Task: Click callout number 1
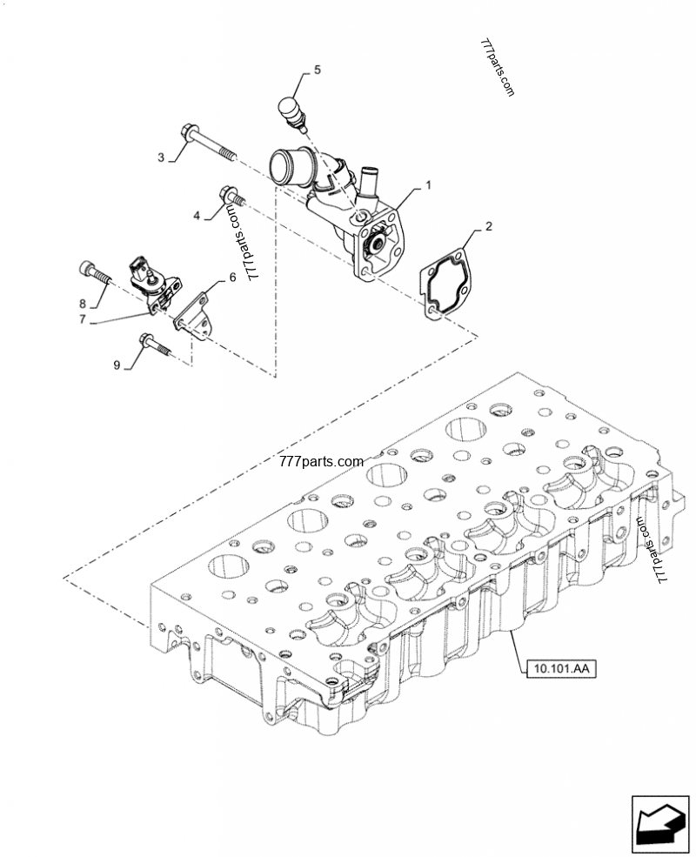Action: [428, 185]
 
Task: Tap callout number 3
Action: [161, 157]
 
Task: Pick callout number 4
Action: [197, 215]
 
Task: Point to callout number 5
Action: [317, 69]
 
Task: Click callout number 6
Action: [231, 278]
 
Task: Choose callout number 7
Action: [83, 319]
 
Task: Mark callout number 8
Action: [83, 304]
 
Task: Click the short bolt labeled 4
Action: [231, 197]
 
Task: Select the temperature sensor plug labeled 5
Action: [291, 113]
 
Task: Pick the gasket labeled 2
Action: [448, 283]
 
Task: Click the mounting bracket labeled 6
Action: [196, 312]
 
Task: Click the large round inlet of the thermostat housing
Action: [282, 164]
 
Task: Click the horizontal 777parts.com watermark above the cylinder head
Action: [321, 463]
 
